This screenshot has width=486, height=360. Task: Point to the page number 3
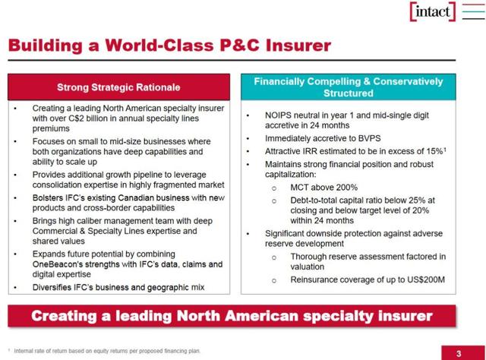pos(458,352)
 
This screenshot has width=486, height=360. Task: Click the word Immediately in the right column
pos(290,140)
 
